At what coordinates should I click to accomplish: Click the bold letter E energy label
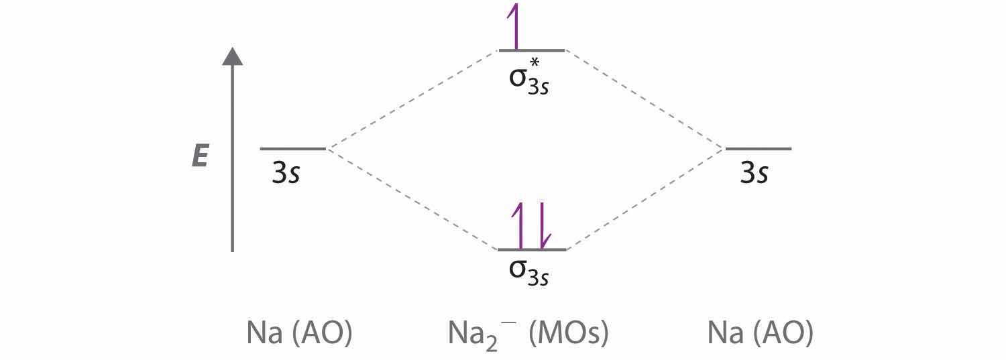click(200, 156)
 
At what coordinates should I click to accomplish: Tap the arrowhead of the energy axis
click(233, 56)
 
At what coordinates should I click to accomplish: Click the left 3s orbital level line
click(293, 149)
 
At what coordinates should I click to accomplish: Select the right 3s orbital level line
click(759, 149)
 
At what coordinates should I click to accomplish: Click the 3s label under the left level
click(286, 172)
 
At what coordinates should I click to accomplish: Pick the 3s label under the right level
click(754, 172)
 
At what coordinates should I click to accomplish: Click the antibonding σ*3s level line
click(532, 51)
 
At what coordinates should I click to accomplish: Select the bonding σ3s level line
click(533, 249)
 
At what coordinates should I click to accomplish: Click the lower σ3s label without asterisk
click(528, 273)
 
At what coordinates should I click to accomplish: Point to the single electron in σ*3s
click(514, 26)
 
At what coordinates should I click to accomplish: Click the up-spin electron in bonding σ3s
click(518, 225)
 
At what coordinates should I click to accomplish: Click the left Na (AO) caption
click(300, 333)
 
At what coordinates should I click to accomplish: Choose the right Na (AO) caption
click(761, 333)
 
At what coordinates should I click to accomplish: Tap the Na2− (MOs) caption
click(528, 335)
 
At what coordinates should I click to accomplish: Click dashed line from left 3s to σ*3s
click(412, 100)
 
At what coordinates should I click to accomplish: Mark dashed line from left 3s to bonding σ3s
click(412, 198)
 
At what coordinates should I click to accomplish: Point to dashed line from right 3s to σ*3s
click(645, 100)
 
